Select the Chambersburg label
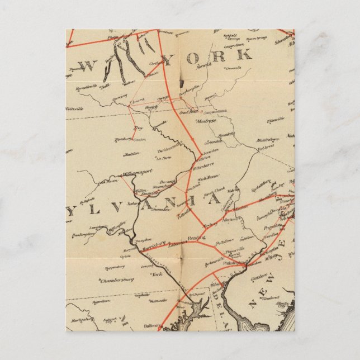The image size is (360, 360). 116,281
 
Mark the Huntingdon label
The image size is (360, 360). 83,235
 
